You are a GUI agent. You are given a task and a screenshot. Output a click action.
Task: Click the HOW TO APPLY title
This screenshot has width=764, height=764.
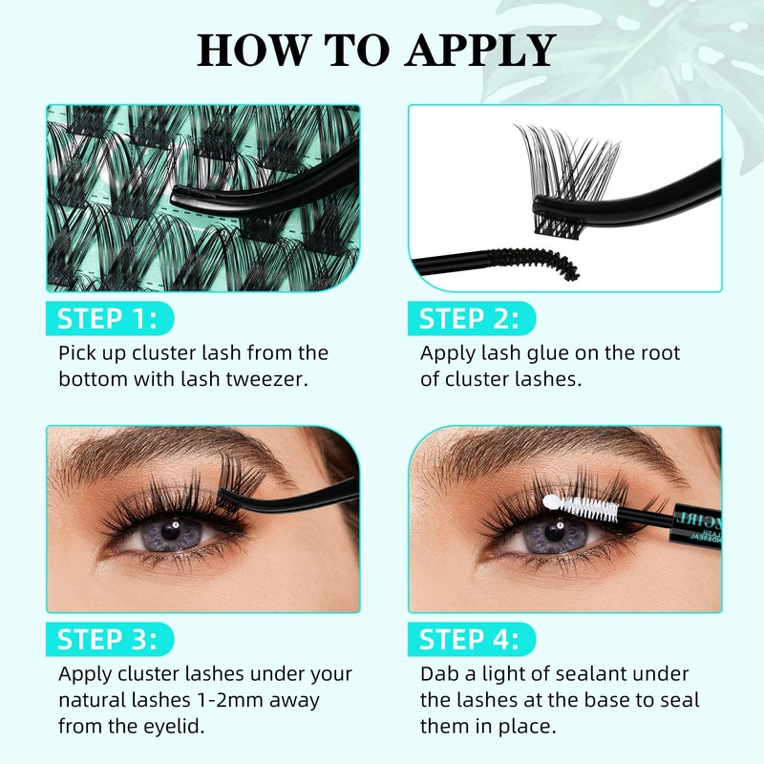(x=376, y=50)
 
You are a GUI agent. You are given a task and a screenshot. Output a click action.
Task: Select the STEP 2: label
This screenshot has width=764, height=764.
(x=469, y=318)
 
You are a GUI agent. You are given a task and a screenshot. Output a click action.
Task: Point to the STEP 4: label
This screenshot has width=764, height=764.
(x=469, y=638)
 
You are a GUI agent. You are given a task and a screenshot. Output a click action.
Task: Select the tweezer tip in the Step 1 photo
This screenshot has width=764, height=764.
(x=178, y=195)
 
